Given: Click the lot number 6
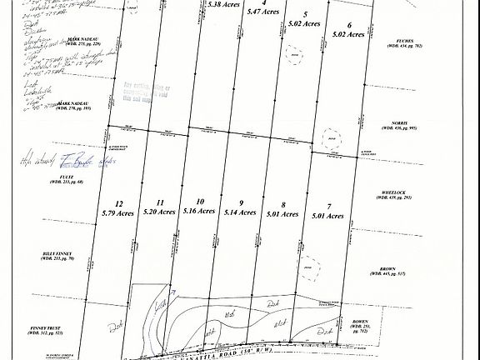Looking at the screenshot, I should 349,25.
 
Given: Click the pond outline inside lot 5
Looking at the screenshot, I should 293,53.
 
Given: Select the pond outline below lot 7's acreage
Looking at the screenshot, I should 311,267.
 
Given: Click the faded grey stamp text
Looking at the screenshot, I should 158,91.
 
